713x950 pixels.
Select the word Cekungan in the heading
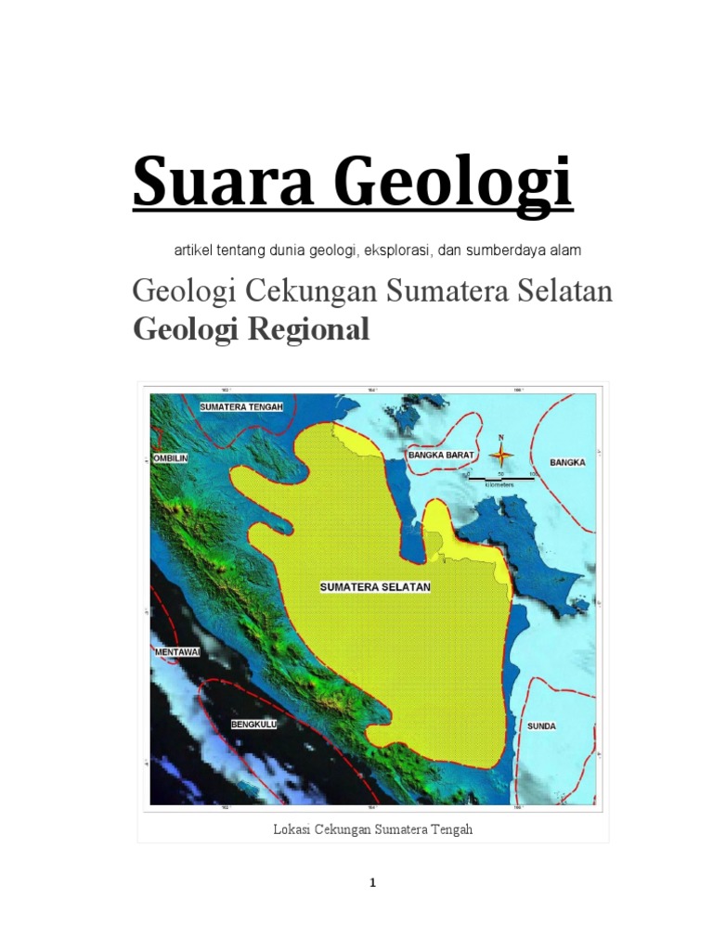click(312, 291)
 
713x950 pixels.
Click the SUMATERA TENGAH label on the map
click(240, 407)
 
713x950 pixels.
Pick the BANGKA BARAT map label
click(442, 456)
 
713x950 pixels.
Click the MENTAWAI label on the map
click(176, 653)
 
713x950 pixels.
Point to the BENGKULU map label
click(253, 725)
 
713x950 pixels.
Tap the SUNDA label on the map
click(541, 725)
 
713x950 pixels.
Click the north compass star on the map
click(501, 455)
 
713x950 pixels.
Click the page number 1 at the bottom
click(372, 883)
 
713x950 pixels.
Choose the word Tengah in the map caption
click(451, 829)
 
